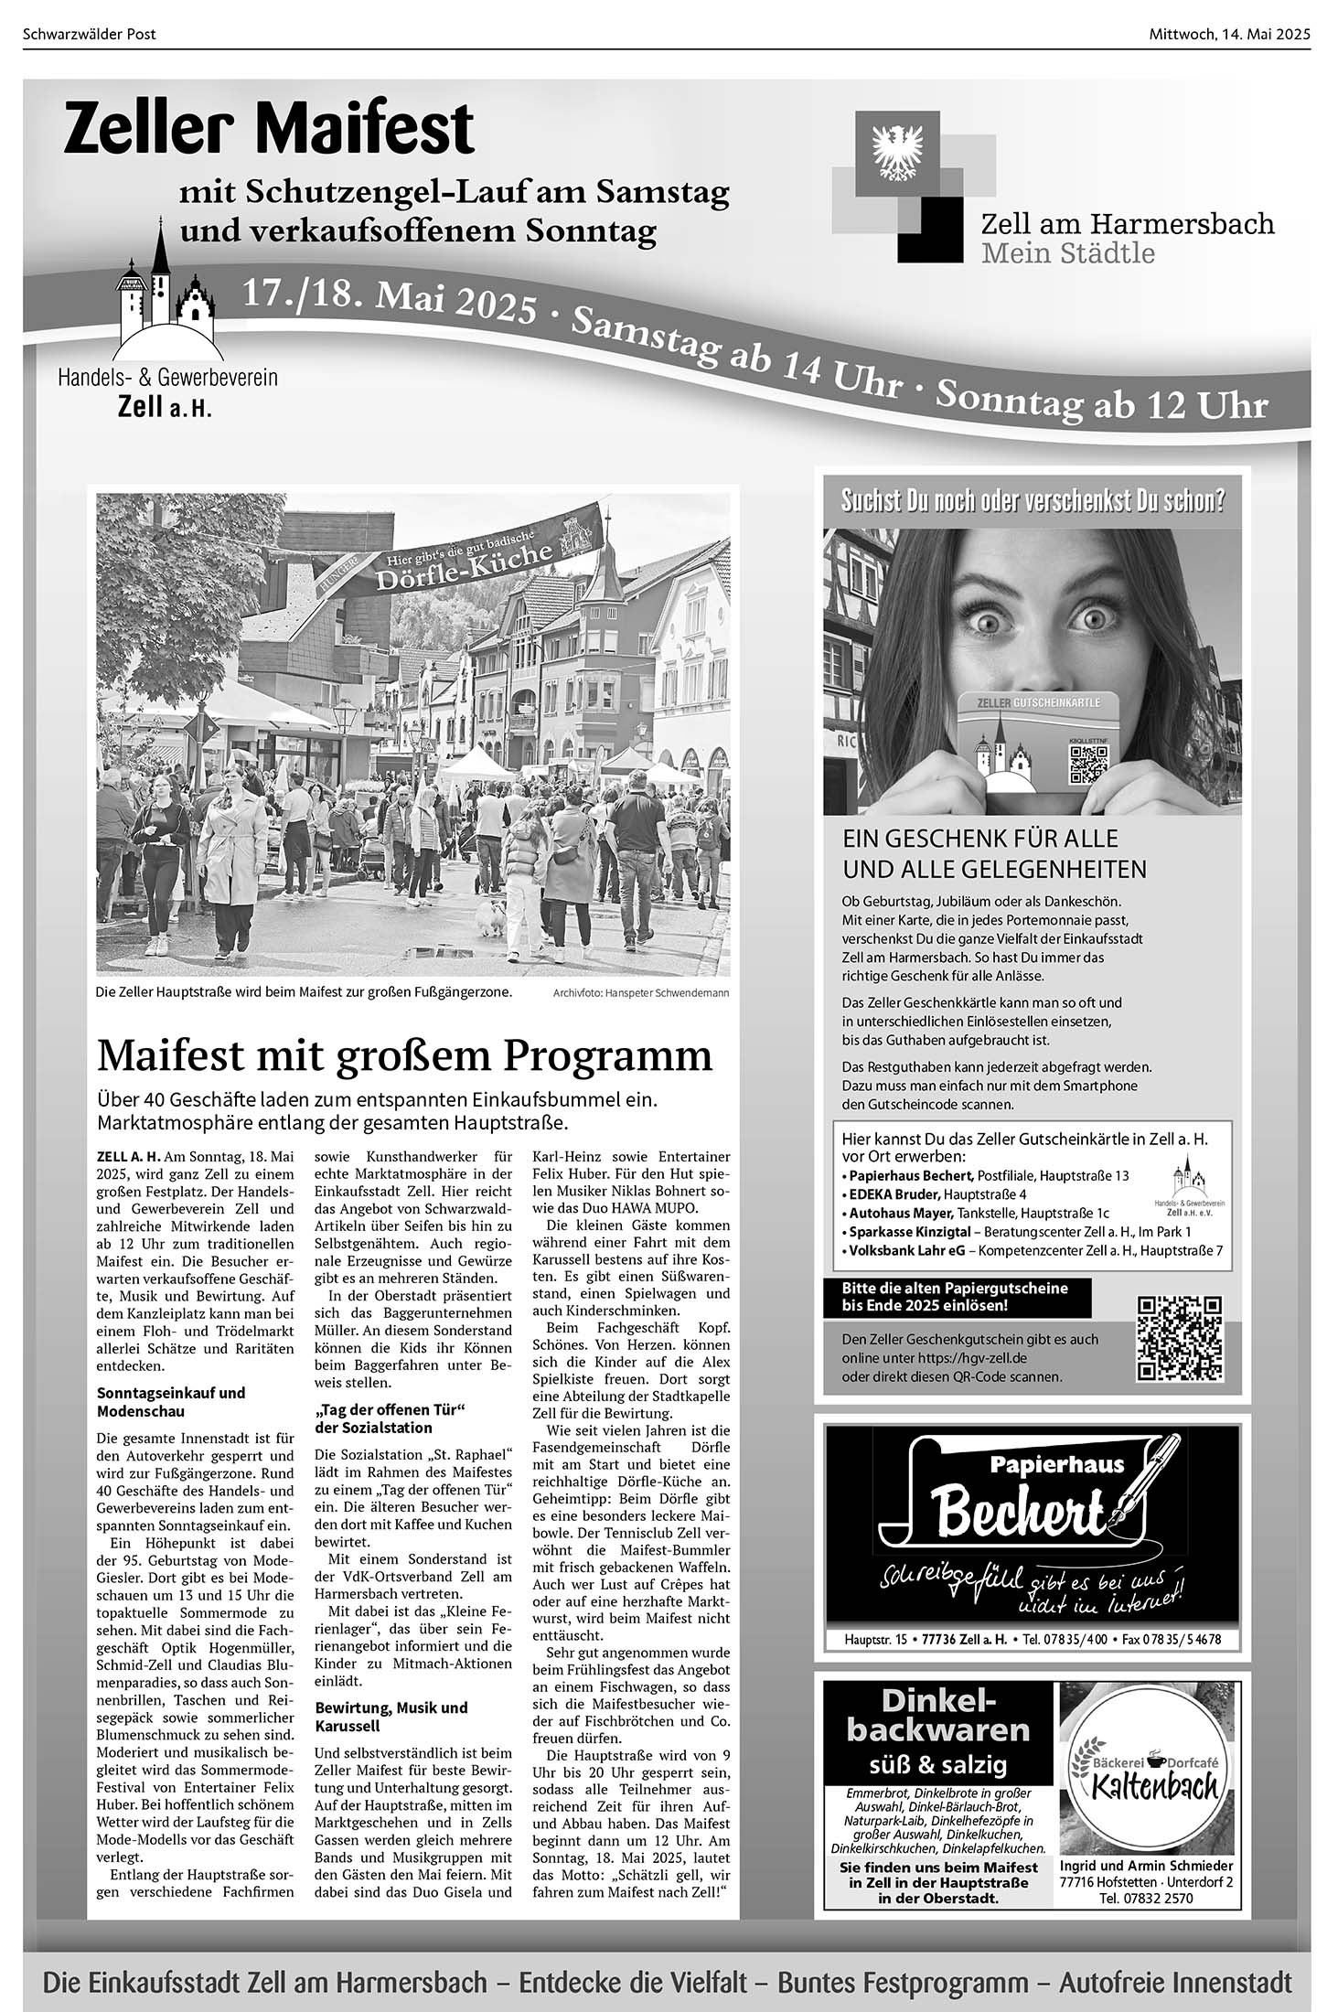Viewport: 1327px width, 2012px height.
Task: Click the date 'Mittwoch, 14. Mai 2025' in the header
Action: coord(1228,35)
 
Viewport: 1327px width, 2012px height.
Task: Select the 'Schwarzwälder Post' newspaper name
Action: coord(90,35)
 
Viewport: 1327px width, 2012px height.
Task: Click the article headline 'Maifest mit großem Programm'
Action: coord(404,1054)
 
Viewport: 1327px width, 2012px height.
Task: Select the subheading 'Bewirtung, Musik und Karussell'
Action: coord(391,1717)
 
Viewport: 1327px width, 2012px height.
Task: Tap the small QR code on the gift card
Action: coord(1087,765)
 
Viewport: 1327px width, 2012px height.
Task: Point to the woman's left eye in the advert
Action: coord(1096,619)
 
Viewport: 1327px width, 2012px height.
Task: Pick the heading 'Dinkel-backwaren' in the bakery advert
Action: coord(938,1716)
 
